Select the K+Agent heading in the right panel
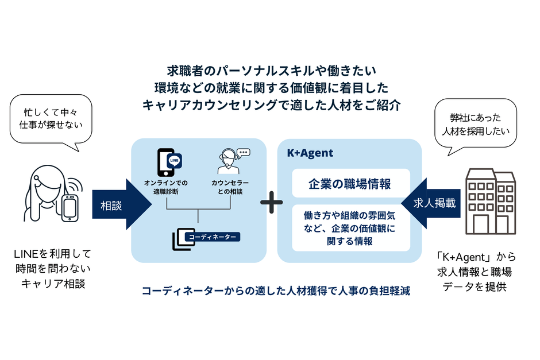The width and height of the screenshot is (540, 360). click(x=310, y=153)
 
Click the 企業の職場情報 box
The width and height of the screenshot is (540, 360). click(x=350, y=184)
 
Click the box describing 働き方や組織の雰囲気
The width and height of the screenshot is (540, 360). click(x=350, y=229)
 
